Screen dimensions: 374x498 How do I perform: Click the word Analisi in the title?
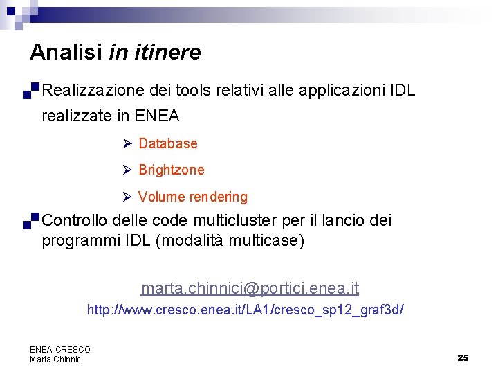66,53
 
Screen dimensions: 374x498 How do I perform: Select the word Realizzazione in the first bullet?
92,90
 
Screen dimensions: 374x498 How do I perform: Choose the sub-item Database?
168,143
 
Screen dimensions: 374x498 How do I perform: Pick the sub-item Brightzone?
172,170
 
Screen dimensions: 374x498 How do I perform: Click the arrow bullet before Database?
127,143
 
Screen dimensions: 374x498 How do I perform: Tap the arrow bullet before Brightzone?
127,170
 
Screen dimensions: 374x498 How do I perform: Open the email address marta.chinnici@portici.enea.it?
250,288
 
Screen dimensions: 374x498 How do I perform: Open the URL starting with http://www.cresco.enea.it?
245,310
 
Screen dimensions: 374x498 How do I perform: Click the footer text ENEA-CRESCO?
60,350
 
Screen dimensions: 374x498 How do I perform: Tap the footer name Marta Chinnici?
56,359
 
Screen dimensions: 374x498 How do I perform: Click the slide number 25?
463,357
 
